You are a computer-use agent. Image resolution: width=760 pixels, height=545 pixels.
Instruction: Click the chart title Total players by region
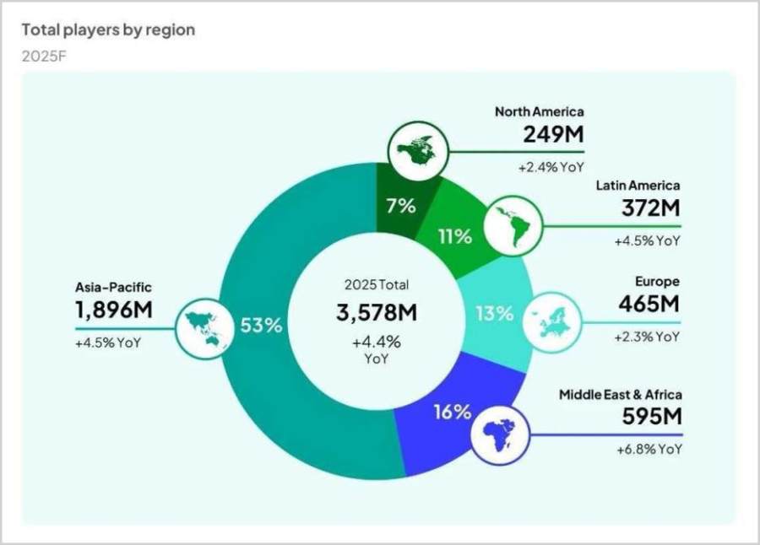108,30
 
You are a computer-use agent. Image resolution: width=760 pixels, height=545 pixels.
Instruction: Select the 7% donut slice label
400,206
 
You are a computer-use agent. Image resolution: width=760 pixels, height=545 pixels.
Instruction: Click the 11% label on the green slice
454,236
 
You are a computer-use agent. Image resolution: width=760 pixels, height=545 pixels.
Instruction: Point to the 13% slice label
493,314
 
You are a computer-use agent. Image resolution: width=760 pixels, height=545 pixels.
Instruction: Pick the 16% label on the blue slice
452,413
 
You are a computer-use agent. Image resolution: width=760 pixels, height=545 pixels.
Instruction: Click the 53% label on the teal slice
261,326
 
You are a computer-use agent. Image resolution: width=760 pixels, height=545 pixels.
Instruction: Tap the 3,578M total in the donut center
377,313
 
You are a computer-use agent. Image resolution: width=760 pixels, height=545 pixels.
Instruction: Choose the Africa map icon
499,434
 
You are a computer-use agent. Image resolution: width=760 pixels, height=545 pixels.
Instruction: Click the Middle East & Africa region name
620,394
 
